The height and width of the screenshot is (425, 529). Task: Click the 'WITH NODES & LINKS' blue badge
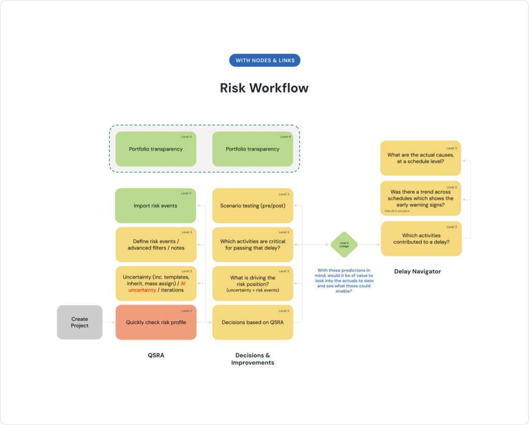click(264, 60)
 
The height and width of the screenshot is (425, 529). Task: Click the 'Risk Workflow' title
click(264, 88)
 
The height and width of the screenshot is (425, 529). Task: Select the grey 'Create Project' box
click(80, 322)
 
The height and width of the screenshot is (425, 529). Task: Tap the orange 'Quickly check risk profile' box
click(155, 323)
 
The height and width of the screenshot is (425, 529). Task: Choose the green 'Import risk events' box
click(155, 206)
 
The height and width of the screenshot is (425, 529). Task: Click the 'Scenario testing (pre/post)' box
click(253, 206)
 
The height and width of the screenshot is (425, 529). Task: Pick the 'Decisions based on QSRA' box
click(253, 323)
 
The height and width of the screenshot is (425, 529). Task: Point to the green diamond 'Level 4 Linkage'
click(344, 245)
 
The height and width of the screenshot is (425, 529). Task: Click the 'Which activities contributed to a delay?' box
click(421, 239)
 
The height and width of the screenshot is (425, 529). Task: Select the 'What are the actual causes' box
click(420, 158)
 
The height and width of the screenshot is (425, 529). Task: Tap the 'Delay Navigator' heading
click(417, 271)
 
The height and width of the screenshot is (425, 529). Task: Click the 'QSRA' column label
click(155, 355)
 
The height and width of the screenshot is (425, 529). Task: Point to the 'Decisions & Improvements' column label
click(253, 359)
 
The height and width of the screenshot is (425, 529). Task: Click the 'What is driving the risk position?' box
click(253, 283)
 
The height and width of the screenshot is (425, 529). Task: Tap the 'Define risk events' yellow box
click(155, 245)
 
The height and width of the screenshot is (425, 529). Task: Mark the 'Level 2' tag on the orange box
click(186, 311)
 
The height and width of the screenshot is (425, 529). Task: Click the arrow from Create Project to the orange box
click(108, 322)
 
